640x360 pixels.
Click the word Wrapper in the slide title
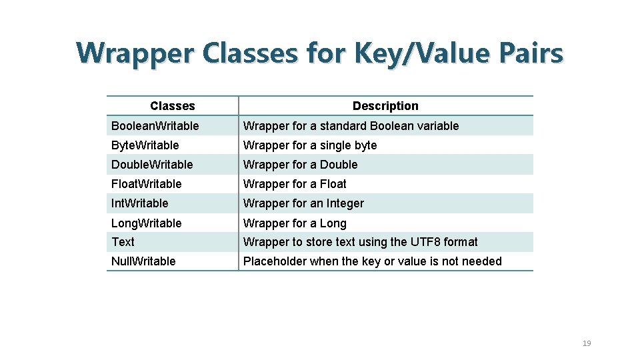(x=134, y=53)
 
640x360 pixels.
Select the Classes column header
(x=173, y=106)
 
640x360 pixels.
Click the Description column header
(x=385, y=106)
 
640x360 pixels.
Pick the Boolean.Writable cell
(x=155, y=126)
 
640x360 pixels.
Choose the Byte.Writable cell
(x=145, y=145)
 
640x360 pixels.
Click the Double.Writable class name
(x=152, y=165)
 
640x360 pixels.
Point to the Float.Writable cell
(x=147, y=184)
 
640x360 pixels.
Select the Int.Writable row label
(x=140, y=203)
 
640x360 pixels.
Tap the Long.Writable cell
(x=147, y=223)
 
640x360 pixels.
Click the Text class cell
(x=123, y=242)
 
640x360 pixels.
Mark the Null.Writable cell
(x=144, y=261)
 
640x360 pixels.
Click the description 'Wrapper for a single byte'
(x=310, y=145)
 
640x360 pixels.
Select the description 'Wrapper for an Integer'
(x=303, y=203)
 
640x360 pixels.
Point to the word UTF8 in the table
(x=425, y=242)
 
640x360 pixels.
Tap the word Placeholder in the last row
(x=275, y=261)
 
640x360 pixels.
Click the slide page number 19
(x=587, y=343)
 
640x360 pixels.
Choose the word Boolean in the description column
(x=392, y=126)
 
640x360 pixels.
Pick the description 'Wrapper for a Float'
(x=295, y=184)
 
